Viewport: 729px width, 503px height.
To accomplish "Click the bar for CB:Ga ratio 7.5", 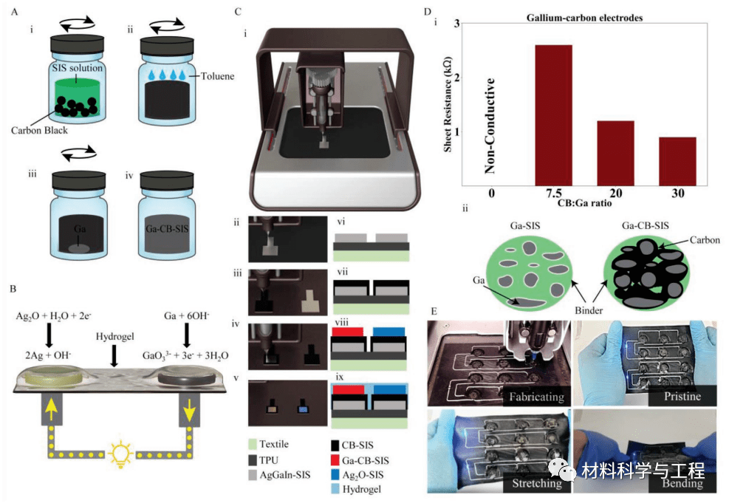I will click(554, 114).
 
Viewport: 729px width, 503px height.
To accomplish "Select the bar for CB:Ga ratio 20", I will click(616, 152).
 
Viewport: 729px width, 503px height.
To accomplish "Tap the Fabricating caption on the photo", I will click(535, 397).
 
